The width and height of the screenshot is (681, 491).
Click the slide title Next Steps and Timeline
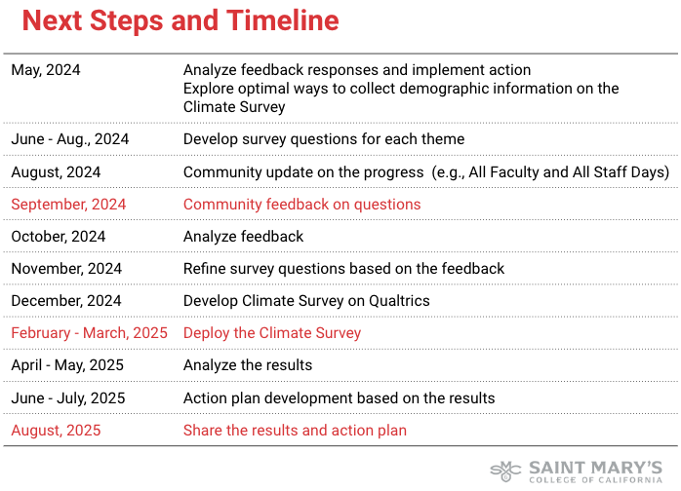(x=180, y=20)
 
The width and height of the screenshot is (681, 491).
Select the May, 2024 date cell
(x=46, y=70)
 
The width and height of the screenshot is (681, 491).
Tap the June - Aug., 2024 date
(x=70, y=139)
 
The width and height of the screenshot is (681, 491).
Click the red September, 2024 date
(x=68, y=205)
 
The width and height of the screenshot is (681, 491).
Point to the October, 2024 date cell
(x=59, y=237)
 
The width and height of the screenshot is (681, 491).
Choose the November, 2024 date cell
(x=66, y=269)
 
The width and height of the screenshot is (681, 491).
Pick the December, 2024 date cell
(x=66, y=301)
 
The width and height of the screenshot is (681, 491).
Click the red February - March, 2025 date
(x=89, y=333)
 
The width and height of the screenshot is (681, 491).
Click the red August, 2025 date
(x=56, y=430)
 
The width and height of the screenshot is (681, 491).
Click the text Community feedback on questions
(x=301, y=205)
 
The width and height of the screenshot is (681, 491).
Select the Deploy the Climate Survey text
(x=272, y=333)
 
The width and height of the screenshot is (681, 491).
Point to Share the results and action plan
(x=295, y=430)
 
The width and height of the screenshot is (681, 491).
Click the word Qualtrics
(x=396, y=301)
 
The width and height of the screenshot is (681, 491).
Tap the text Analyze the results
(x=248, y=365)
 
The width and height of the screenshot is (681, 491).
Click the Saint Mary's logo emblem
(x=505, y=471)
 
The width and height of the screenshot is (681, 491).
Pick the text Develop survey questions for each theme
(x=324, y=139)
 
